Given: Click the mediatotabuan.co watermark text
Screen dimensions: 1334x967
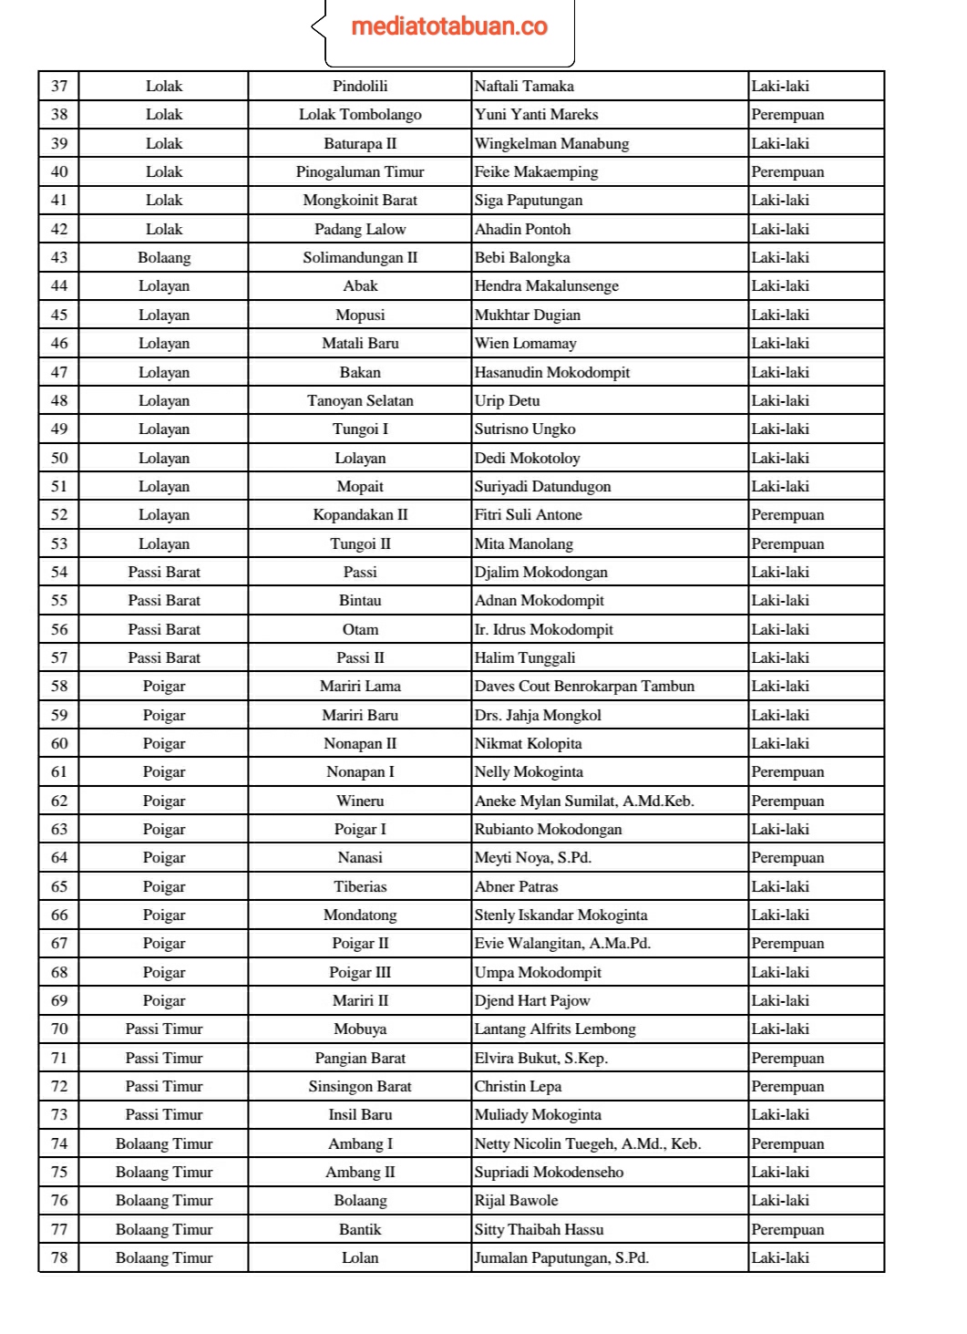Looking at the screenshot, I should [449, 26].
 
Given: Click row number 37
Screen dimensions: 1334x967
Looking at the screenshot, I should [59, 86].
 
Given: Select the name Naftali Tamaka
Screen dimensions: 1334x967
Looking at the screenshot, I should [524, 86].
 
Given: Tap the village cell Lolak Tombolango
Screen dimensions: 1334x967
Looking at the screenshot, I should [360, 115].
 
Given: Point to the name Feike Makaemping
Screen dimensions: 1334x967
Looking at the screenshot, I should [536, 171].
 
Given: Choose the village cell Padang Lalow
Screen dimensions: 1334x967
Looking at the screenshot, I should [360, 229].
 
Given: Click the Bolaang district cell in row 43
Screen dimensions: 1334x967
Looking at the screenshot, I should [164, 257].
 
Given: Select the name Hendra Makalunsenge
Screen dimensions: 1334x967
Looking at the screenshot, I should [546, 286].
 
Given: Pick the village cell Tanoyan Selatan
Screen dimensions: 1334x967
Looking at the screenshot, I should [360, 400].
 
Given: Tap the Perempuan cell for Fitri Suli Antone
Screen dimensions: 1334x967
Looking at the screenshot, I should [787, 515].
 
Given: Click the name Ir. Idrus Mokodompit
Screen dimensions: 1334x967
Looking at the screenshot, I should [543, 629].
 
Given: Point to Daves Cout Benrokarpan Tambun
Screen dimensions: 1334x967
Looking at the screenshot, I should [584, 687].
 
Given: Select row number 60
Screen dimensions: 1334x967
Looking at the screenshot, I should [59, 743].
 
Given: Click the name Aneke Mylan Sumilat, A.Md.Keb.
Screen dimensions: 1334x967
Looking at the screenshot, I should [584, 801].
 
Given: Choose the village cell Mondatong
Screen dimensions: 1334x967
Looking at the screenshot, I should [360, 915].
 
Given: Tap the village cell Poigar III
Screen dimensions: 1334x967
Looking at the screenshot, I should [360, 972].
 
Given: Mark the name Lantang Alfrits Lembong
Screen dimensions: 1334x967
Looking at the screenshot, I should [555, 1029].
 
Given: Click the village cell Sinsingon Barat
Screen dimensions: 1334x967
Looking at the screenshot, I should [360, 1086].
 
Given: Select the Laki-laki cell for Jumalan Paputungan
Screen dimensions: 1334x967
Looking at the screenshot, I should [780, 1257].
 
